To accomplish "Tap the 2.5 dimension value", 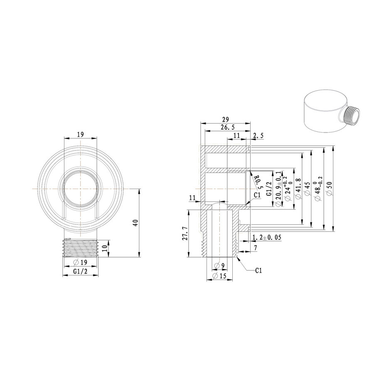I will pyautogui.click(x=258, y=135).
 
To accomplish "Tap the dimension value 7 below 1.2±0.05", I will pyautogui.click(x=256, y=248).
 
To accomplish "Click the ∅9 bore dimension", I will pyautogui.click(x=219, y=266).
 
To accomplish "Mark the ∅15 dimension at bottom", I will pyautogui.click(x=219, y=276).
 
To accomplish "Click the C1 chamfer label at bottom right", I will pyautogui.click(x=258, y=271).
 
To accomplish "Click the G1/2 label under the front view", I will pyautogui.click(x=80, y=271).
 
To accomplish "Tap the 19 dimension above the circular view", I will pyautogui.click(x=80, y=134).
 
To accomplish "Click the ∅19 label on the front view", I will pyautogui.click(x=80, y=262).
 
